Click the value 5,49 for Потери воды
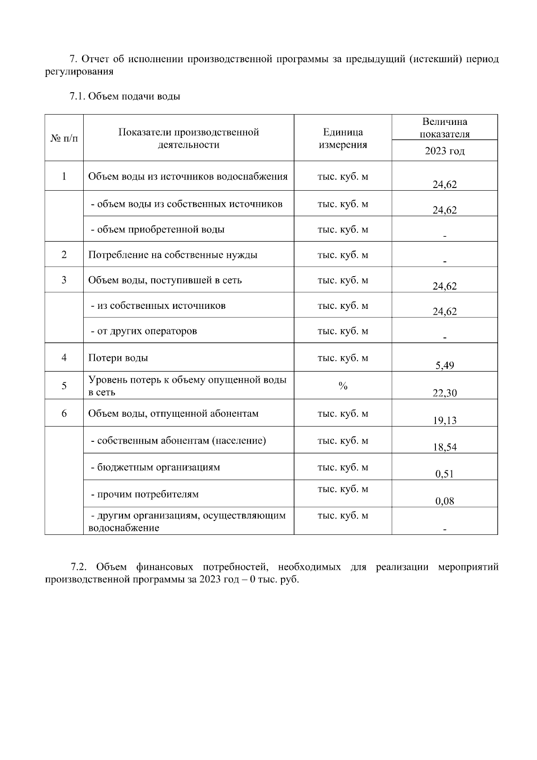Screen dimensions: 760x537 coord(444,366)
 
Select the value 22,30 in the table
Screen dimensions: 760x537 coord(444,393)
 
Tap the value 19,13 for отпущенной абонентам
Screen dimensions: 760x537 coord(444,420)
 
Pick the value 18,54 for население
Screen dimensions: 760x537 coord(444,447)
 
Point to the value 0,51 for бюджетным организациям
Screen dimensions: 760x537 coord(444,474)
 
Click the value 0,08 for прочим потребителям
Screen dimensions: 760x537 coord(444,501)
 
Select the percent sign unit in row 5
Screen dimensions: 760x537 coord(343,386)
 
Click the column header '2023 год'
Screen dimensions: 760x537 coord(444,151)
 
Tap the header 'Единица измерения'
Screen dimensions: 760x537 coord(343,138)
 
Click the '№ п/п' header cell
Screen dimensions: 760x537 coord(64,138)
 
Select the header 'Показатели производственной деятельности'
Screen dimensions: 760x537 coord(188,138)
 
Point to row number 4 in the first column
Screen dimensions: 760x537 coord(64,357)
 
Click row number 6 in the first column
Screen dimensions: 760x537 coord(64,413)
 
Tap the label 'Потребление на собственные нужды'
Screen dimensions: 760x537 coord(173,255)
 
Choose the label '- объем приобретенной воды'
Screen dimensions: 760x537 coord(158,230)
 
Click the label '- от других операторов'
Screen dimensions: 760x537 coord(144,331)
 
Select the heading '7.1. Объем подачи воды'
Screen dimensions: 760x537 coord(125,96)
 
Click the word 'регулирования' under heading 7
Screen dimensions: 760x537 coord(79,72)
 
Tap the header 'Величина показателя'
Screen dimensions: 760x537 coord(444,128)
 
